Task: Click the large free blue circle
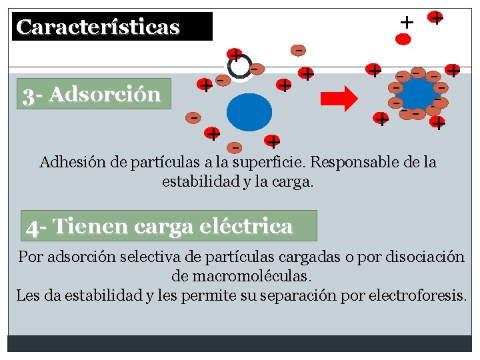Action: coord(249,112)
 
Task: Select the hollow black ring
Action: coord(238,65)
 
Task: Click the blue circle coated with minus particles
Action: coord(418,93)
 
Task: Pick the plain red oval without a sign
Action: coord(403,39)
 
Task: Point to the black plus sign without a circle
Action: coord(406,22)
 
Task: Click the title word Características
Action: coord(98,27)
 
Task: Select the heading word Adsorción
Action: coord(105,95)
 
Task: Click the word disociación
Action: coord(423,257)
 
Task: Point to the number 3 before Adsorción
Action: coord(28,95)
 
